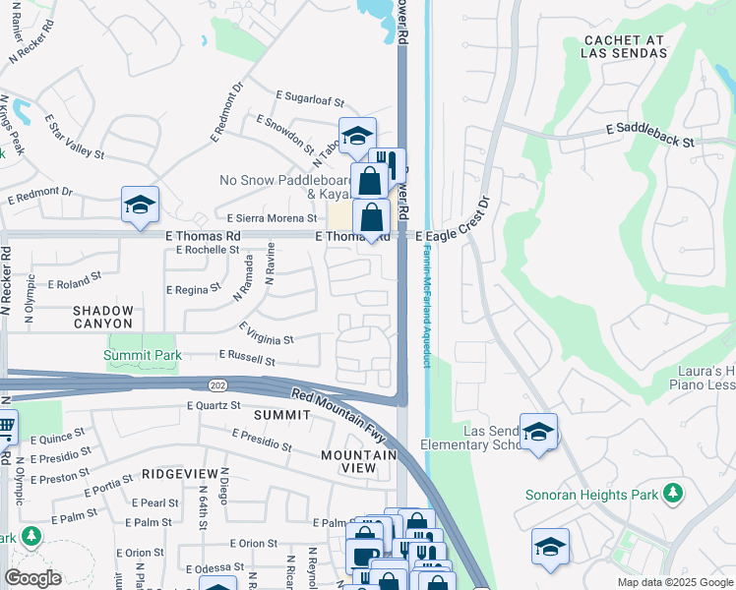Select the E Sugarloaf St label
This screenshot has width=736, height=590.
310,100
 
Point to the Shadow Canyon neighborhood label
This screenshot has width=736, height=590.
102,317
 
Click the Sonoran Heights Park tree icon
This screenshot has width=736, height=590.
673,493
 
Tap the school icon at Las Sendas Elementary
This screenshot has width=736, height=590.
538,432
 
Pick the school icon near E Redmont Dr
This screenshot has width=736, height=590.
140,205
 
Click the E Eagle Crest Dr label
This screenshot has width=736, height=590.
451,226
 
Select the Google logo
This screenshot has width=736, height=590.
32,578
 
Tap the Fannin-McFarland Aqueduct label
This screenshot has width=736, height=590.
428,306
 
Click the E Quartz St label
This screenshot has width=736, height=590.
214,405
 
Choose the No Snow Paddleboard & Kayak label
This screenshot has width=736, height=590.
284,188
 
